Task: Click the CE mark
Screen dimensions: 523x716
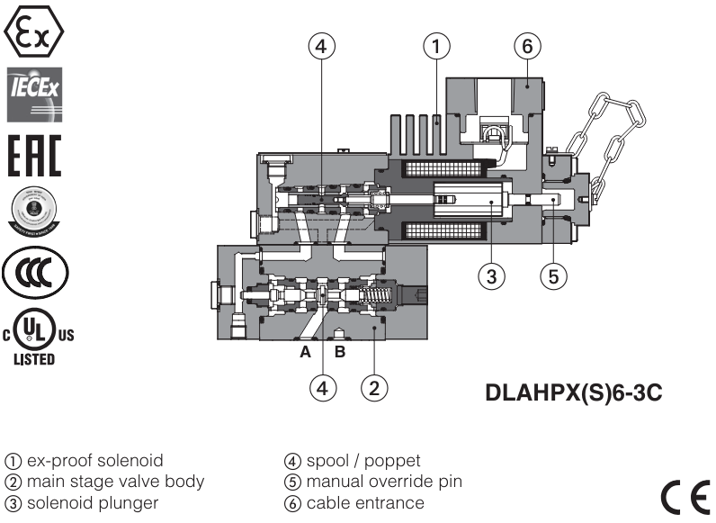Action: click(x=685, y=492)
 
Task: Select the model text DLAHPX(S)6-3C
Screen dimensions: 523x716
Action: click(x=574, y=392)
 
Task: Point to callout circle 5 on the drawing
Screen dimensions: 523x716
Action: click(x=553, y=275)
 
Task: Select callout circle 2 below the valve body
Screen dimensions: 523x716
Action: click(x=374, y=388)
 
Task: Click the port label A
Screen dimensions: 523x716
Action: click(x=306, y=352)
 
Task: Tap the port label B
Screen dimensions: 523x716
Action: click(x=339, y=352)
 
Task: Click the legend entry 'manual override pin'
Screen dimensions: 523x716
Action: click(x=384, y=482)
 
